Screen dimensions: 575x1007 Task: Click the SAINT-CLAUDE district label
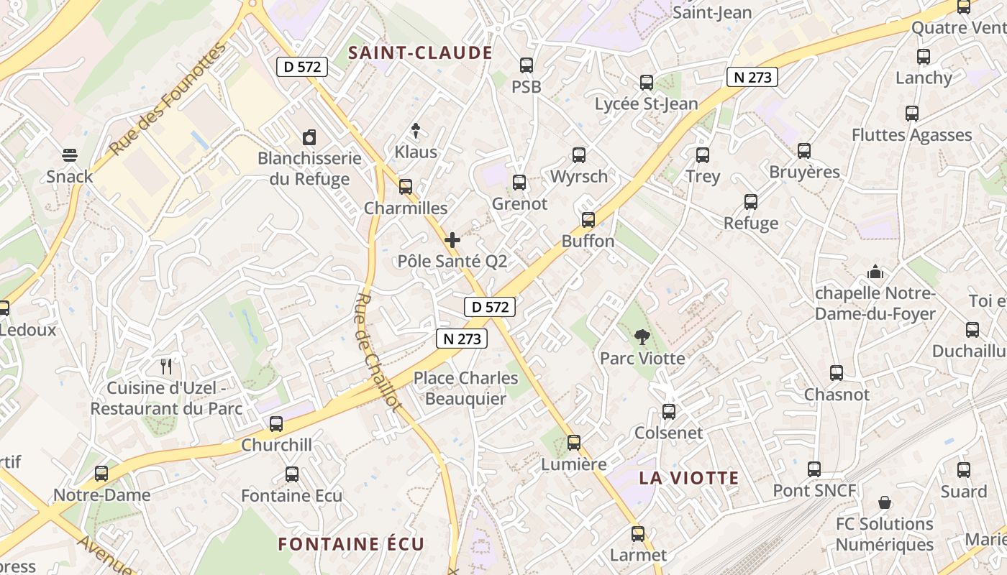[421, 53]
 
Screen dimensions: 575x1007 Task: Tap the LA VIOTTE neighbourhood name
[689, 478]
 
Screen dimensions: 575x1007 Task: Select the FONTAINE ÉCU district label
[351, 543]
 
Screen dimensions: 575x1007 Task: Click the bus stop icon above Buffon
[588, 220]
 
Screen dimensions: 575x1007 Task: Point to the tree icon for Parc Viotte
[642, 336]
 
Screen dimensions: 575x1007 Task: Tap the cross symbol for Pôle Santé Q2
[452, 240]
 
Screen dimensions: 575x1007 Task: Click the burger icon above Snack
[70, 155]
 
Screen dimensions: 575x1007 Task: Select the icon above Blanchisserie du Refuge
[309, 137]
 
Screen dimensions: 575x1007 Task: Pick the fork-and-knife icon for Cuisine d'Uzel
[167, 367]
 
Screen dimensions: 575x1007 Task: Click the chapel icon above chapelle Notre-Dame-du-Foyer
[875, 272]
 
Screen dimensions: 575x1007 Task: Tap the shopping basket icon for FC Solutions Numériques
[885, 502]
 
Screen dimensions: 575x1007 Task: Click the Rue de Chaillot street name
[378, 351]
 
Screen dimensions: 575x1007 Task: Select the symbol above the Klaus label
[416, 130]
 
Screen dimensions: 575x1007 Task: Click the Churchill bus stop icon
[276, 424]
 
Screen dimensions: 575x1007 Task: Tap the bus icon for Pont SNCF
[814, 469]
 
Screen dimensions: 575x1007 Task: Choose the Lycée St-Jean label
[646, 104]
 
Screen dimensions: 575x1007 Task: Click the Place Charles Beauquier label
[465, 388]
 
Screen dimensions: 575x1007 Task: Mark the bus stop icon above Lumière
[574, 443]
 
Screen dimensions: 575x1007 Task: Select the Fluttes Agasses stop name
[911, 135]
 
